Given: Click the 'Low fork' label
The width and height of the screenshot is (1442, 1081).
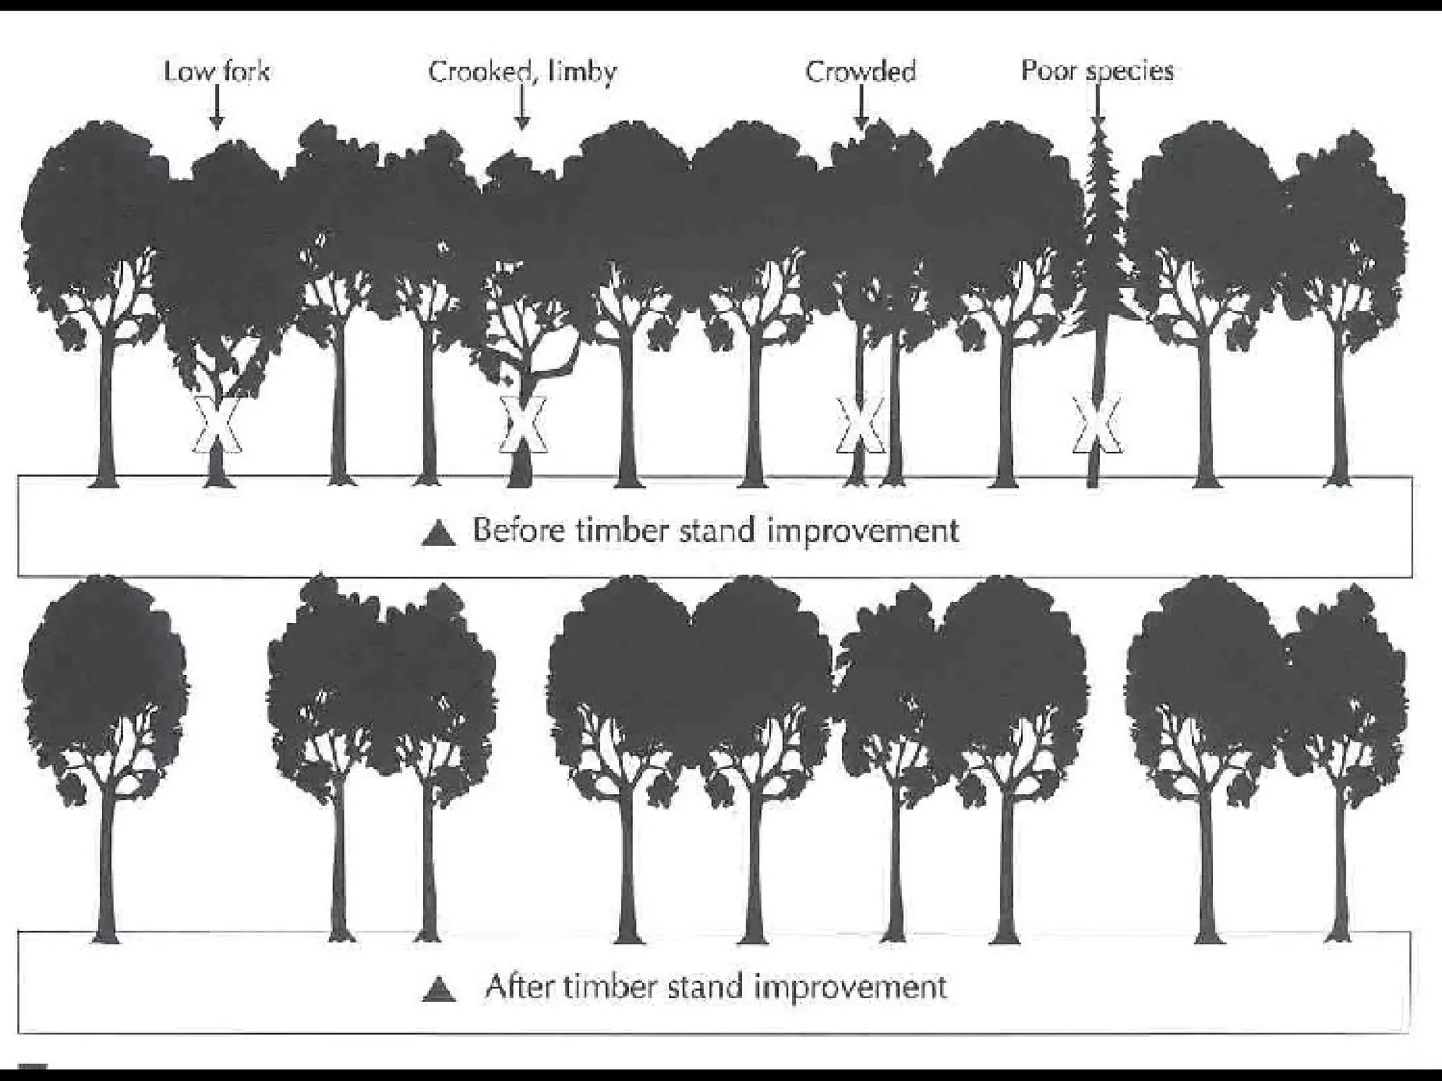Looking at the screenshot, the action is (x=217, y=72).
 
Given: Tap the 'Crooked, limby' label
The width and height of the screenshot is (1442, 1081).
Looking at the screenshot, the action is (x=522, y=72).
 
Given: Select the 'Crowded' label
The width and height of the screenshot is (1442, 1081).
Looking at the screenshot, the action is (x=860, y=72).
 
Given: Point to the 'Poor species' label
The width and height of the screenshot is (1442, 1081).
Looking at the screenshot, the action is (x=1097, y=70).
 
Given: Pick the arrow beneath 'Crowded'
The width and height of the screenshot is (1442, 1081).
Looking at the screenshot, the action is (x=860, y=113).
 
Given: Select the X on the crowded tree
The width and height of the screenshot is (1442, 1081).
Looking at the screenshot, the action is (x=860, y=425).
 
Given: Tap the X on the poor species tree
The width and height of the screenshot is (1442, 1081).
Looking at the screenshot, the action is (x=1096, y=425).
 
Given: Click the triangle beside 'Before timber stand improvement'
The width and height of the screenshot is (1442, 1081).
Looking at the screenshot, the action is (x=439, y=533).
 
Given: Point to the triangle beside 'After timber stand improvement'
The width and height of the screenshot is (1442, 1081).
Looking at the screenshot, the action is (x=439, y=989).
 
